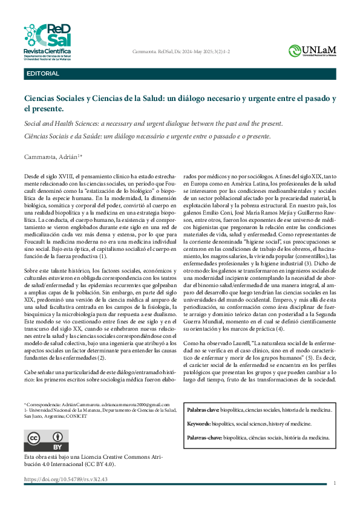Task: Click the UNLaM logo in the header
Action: coord(312,51)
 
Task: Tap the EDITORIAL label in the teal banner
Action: coord(43,74)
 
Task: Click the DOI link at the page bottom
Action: coord(65,479)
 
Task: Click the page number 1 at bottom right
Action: coord(335,483)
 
